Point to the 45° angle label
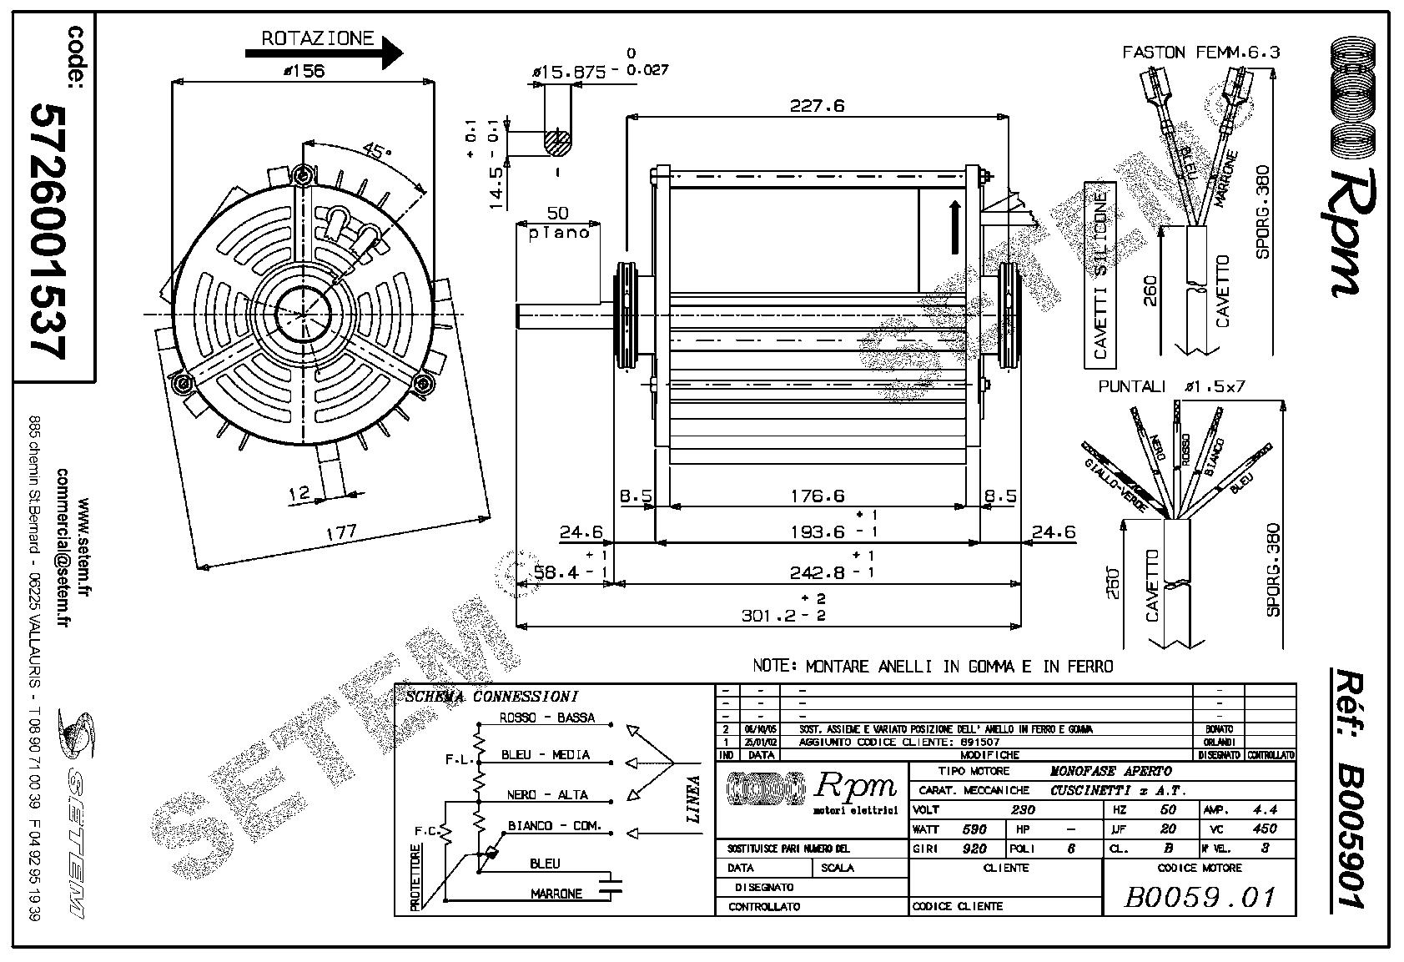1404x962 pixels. [376, 151]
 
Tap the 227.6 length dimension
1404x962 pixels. [818, 105]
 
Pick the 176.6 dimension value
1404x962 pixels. [817, 496]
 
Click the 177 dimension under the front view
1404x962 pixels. [341, 531]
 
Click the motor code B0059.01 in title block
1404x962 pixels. [1200, 897]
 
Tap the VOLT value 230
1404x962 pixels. [1023, 809]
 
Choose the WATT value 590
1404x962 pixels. [974, 829]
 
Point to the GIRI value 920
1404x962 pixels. [974, 849]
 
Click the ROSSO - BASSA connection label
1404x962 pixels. [546, 718]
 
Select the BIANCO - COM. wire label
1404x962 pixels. [554, 826]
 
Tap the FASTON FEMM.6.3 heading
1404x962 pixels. [1200, 52]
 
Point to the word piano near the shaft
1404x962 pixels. [559, 232]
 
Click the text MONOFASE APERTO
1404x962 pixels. [1110, 771]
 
